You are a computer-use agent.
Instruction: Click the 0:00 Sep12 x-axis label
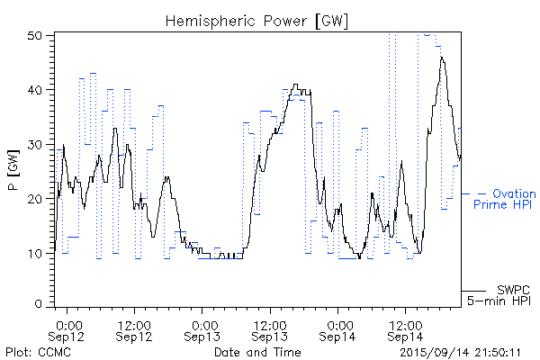tap(69, 329)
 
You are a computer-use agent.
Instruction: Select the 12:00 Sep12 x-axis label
tap(134, 329)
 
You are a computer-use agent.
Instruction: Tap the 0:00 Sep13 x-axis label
tap(203, 329)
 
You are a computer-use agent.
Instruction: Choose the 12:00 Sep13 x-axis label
tap(269, 329)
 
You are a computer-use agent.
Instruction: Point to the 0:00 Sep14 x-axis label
tap(339, 329)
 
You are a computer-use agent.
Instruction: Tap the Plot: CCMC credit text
tap(34, 351)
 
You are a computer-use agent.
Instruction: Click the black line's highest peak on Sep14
tap(442, 57)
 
